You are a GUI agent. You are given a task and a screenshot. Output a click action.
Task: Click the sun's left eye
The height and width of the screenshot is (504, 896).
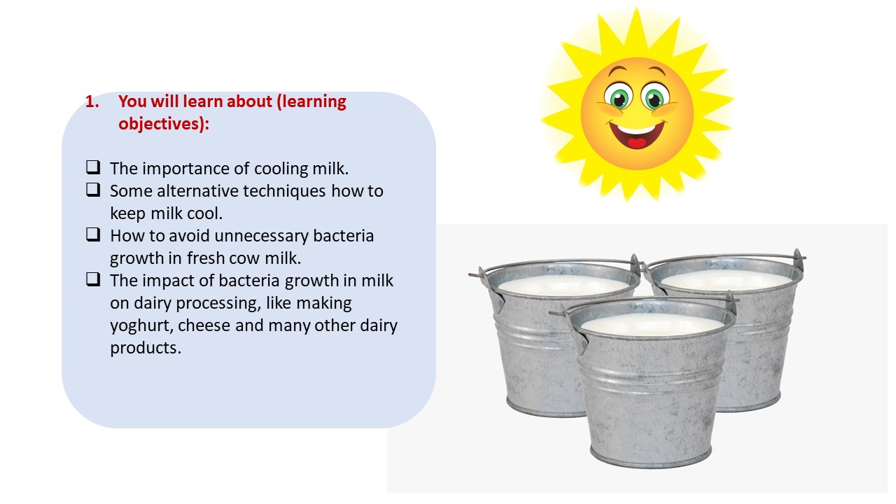coord(618,97)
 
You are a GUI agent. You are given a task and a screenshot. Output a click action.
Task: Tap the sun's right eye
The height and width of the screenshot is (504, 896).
coord(654,97)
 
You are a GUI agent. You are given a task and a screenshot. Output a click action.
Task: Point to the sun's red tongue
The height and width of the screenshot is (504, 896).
coord(637,143)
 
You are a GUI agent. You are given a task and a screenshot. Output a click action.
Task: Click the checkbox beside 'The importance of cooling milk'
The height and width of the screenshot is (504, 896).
coord(93,167)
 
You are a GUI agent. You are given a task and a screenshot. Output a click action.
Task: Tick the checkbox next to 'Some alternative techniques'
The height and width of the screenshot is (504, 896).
coord(93,190)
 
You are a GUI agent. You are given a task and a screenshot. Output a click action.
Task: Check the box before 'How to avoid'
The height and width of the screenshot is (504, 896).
coord(93,234)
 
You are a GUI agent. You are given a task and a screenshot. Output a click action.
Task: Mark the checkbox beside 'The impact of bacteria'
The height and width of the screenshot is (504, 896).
coord(93,279)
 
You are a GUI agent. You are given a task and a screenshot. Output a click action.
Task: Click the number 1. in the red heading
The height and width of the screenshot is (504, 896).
coord(92,101)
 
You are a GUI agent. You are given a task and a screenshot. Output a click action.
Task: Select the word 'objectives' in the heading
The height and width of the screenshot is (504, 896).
coord(161,124)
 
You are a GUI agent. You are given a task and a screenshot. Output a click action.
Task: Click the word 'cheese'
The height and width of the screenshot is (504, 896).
coord(204,325)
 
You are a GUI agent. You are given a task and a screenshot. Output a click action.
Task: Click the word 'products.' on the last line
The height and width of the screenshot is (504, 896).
coord(146,349)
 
